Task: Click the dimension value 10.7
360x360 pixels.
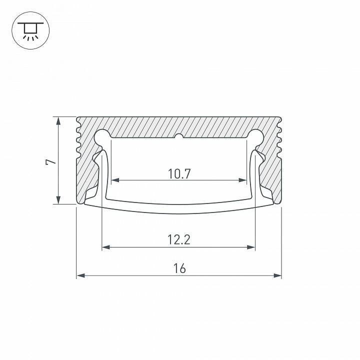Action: coord(179,173)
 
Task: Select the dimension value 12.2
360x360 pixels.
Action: coord(179,239)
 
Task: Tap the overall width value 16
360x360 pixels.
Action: coord(179,268)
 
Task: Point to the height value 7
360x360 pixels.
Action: coord(49,161)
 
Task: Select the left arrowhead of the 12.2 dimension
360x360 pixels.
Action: coord(105,246)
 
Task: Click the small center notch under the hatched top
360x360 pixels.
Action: coord(179,136)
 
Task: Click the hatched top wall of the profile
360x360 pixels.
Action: coord(179,125)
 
